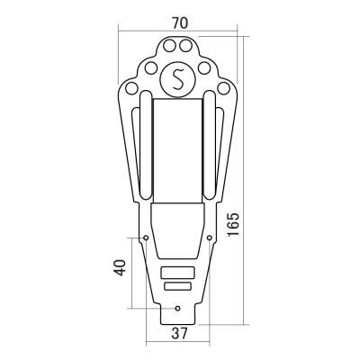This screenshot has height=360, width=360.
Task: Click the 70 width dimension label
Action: [x=180, y=23]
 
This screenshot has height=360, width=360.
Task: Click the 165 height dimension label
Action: [x=233, y=224]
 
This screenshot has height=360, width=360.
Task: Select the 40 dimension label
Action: [x=119, y=267]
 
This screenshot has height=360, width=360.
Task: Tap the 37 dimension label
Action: [x=179, y=333]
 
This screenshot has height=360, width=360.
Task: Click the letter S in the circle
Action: [x=178, y=79]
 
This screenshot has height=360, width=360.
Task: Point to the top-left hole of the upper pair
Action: [x=169, y=46]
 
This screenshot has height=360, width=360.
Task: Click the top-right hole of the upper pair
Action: [x=185, y=46]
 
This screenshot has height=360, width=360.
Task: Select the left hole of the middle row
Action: [x=151, y=67]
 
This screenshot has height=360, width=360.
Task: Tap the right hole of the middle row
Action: [x=204, y=67]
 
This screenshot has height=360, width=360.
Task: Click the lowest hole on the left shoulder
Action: [x=131, y=88]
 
